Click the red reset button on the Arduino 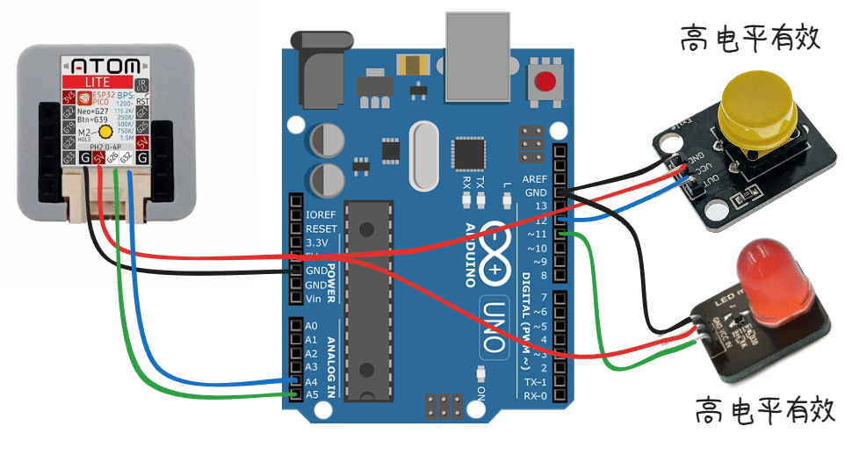click(546, 83)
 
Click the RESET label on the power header click(321, 227)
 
